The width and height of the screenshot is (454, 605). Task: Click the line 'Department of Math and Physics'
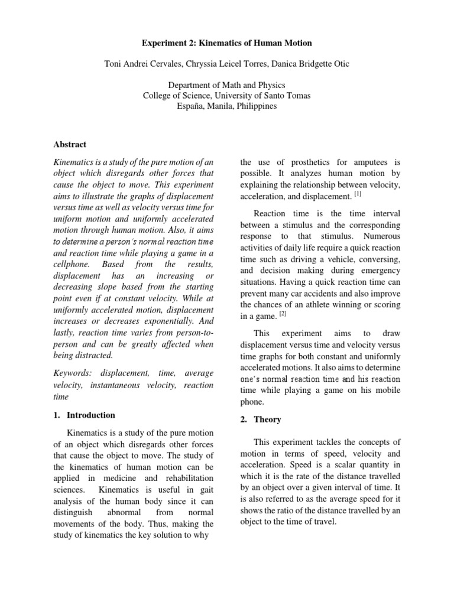click(227, 86)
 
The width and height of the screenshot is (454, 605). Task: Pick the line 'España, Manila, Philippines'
click(227, 107)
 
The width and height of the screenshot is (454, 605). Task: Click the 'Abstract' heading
click(70, 144)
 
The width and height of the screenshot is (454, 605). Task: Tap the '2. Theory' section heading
click(261, 419)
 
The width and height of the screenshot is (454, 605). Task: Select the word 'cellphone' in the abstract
click(76, 264)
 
